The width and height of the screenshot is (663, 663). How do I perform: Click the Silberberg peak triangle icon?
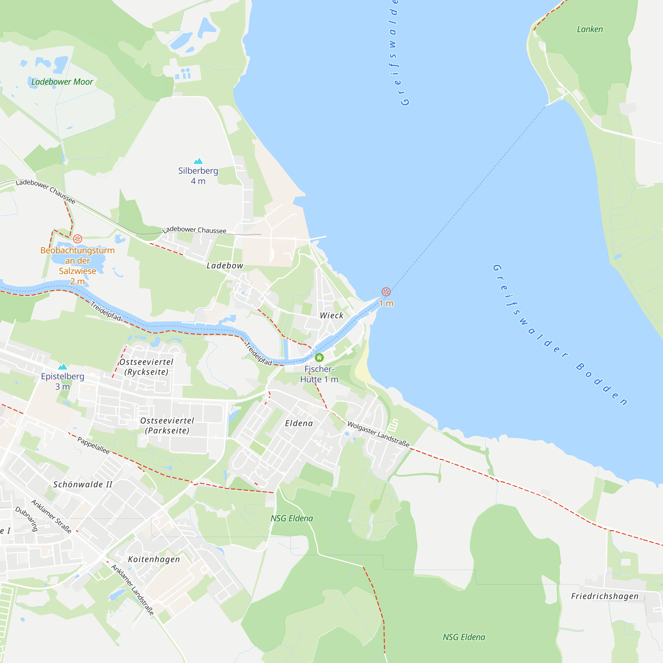(198, 161)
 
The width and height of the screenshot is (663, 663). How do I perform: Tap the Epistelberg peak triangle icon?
(62, 367)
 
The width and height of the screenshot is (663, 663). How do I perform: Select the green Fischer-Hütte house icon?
(319, 358)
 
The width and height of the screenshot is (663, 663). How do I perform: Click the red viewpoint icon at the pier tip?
(386, 292)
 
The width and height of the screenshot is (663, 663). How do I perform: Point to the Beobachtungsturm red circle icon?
(78, 238)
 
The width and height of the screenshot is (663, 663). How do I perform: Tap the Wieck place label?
(331, 315)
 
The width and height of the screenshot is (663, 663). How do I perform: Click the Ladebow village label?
(225, 266)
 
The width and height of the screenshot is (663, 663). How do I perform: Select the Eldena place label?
(299, 423)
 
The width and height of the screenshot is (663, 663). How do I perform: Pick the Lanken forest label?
(589, 30)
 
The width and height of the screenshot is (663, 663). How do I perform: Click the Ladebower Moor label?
(62, 82)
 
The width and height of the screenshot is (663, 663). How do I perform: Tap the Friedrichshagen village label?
(605, 596)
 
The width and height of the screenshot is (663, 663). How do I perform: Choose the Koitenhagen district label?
(154, 559)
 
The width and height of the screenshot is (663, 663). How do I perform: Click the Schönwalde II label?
(83, 485)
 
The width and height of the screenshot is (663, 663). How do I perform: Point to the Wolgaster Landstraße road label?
(379, 434)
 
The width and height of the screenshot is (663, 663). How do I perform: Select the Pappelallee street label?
(93, 446)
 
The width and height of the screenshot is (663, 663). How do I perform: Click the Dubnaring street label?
(27, 519)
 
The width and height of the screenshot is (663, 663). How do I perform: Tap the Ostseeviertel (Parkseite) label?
(167, 426)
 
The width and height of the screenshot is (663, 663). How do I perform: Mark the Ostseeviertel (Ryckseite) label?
(146, 367)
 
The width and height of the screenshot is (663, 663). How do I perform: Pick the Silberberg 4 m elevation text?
(198, 181)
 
